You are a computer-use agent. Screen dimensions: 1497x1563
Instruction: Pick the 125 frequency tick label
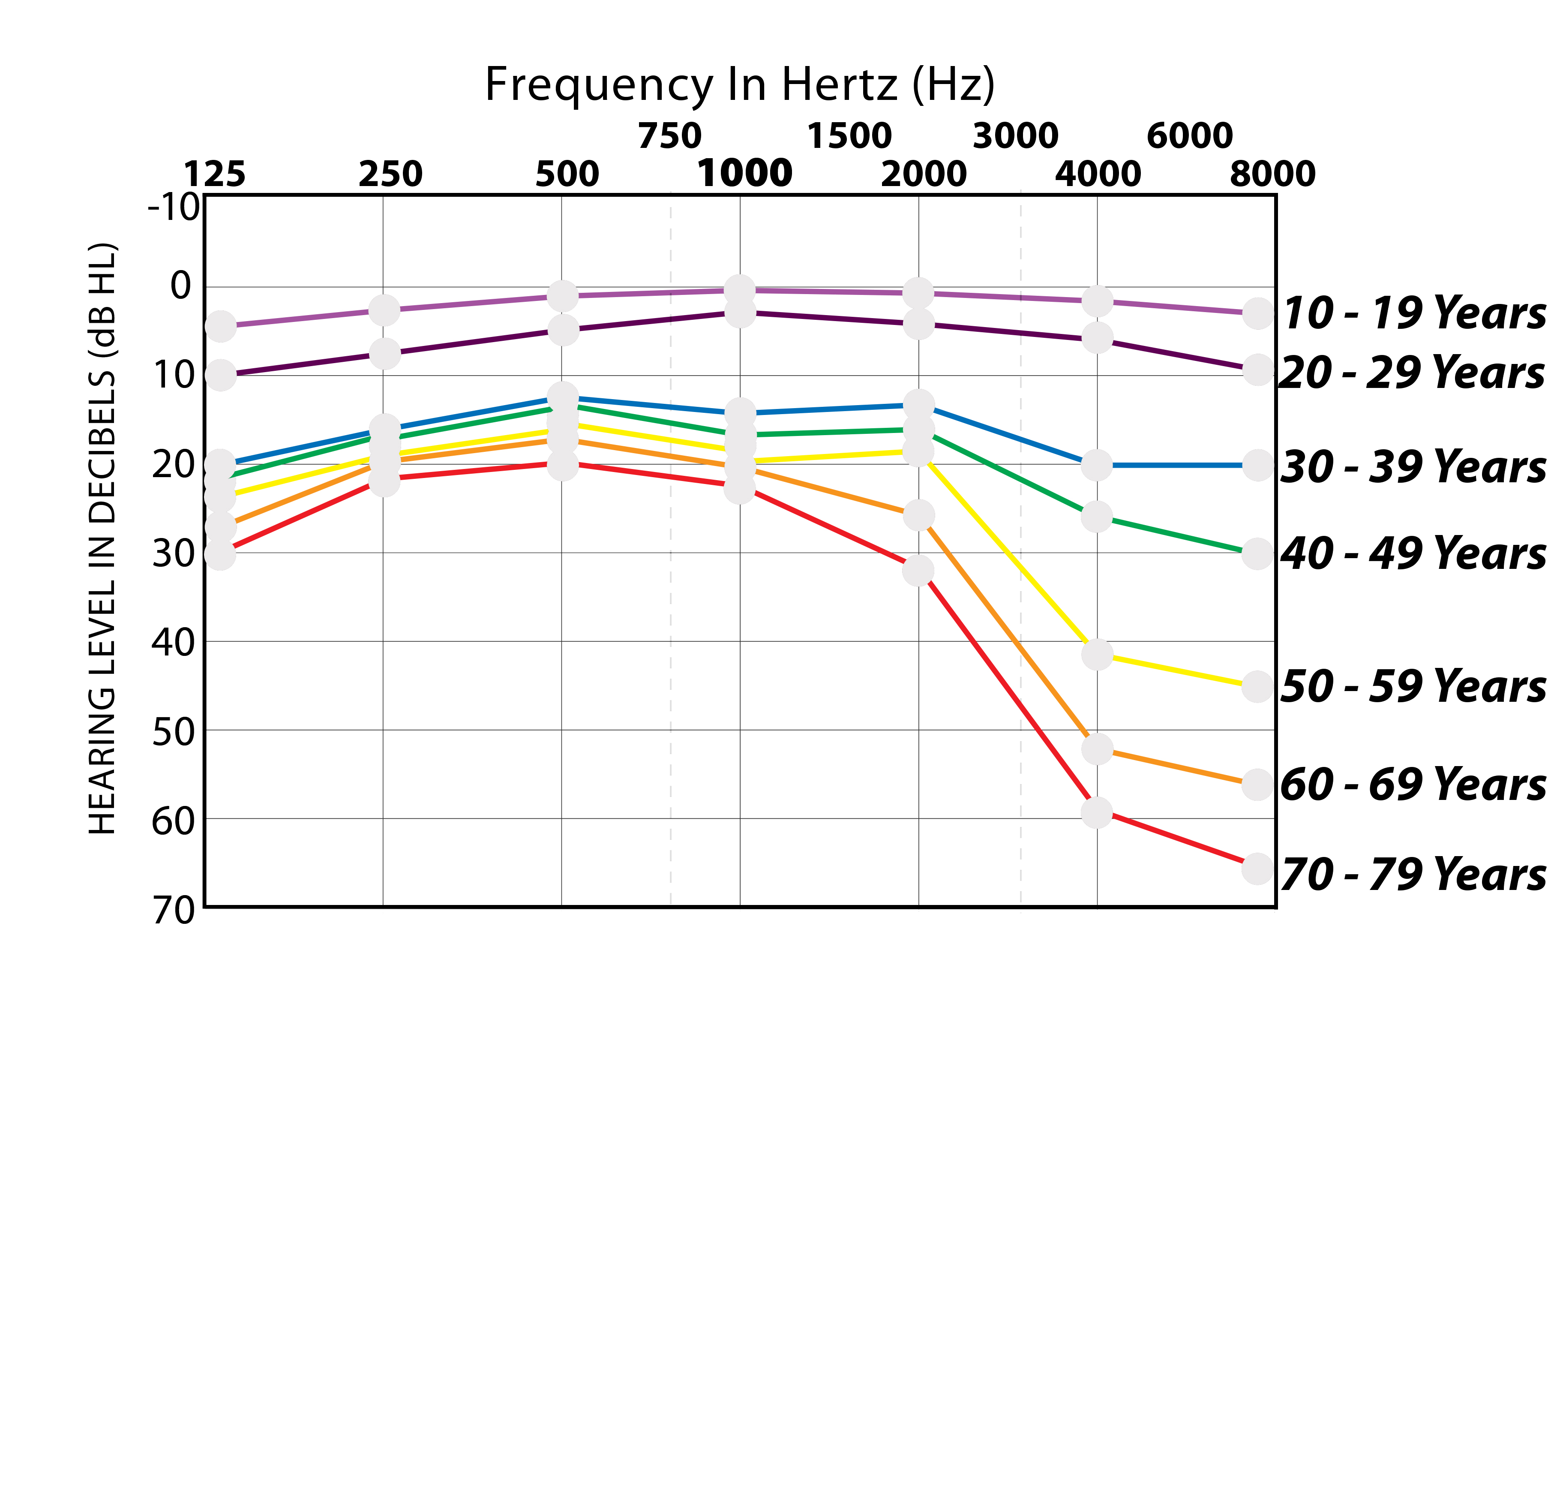coord(215,174)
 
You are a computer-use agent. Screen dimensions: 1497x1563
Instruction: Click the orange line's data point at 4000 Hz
coord(1097,748)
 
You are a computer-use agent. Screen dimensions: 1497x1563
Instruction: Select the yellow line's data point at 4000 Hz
coord(1097,655)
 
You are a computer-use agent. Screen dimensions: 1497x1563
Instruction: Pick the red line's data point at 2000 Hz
coord(919,570)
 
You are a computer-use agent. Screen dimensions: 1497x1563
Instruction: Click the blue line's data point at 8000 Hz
coord(1257,465)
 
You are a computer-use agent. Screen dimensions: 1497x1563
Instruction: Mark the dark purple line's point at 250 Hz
coord(384,353)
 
